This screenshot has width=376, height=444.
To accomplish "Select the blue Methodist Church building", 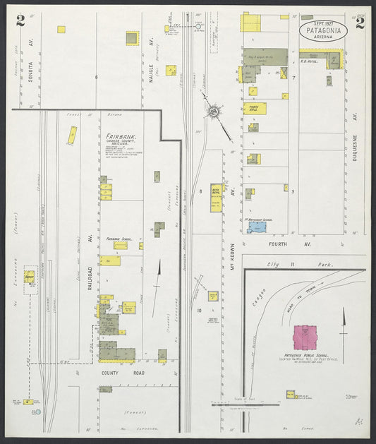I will tap(257, 228).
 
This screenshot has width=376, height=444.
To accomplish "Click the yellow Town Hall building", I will tap(254, 109).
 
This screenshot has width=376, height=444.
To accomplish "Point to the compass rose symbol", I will tap(212, 112).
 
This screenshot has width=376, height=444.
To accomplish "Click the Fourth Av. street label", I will tap(279, 245).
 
